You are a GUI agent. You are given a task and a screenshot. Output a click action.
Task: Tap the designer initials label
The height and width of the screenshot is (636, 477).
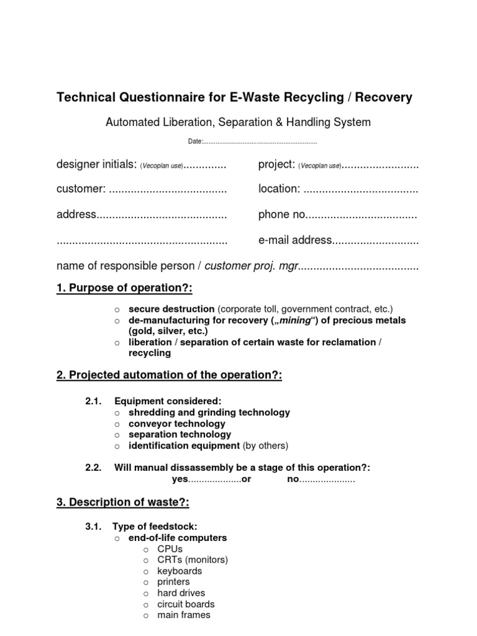(96, 165)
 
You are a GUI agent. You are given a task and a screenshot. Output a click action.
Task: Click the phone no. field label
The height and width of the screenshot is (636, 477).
(283, 215)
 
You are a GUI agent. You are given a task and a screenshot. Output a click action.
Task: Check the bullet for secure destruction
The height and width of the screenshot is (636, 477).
(116, 309)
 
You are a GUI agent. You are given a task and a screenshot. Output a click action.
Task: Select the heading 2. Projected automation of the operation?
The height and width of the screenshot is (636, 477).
(169, 376)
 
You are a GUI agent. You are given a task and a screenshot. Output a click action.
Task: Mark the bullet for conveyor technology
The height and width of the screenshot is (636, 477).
(116, 424)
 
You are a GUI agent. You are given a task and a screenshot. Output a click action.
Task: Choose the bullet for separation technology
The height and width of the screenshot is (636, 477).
(116, 435)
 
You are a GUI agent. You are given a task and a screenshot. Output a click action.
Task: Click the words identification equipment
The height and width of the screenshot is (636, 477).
(184, 445)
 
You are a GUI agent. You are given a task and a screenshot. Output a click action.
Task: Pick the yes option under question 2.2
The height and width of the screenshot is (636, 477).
(179, 479)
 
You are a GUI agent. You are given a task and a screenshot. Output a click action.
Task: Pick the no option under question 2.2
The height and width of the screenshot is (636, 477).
(293, 479)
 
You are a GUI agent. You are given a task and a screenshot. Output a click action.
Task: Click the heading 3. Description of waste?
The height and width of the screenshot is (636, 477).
(123, 502)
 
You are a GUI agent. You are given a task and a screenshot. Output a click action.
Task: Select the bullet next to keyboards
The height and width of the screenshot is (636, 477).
(145, 571)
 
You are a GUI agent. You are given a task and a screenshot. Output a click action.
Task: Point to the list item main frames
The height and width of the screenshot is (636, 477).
(183, 615)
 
